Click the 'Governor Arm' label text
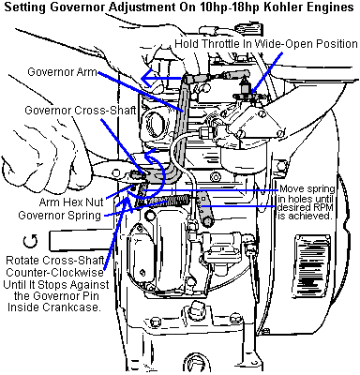coord(63,72)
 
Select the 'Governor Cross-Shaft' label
coord(81,111)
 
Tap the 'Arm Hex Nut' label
coord(71,202)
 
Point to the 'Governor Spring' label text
coord(60,216)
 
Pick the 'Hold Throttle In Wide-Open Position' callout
coord(266,44)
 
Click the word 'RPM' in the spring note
coord(324,207)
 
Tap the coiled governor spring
coord(170,201)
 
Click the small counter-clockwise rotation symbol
coord(30,241)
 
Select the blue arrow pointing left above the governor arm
coord(161,78)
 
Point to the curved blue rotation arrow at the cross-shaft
coord(147,175)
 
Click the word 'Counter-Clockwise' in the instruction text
coord(54,272)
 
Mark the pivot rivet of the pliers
coord(116,172)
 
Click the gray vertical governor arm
coord(181,125)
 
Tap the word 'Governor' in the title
coord(80,7)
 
